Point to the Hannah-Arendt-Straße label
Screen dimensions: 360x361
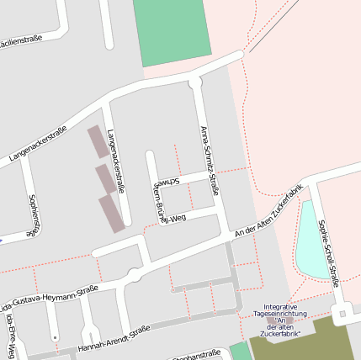point(114,339)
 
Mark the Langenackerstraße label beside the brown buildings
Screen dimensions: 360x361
point(115,161)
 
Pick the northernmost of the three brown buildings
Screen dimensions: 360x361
point(97,142)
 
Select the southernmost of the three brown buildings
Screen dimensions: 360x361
point(111,213)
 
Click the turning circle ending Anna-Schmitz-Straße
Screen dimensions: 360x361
point(195,82)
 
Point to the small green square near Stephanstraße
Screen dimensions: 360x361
point(240,352)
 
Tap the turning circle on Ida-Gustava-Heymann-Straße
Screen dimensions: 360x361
point(134,275)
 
